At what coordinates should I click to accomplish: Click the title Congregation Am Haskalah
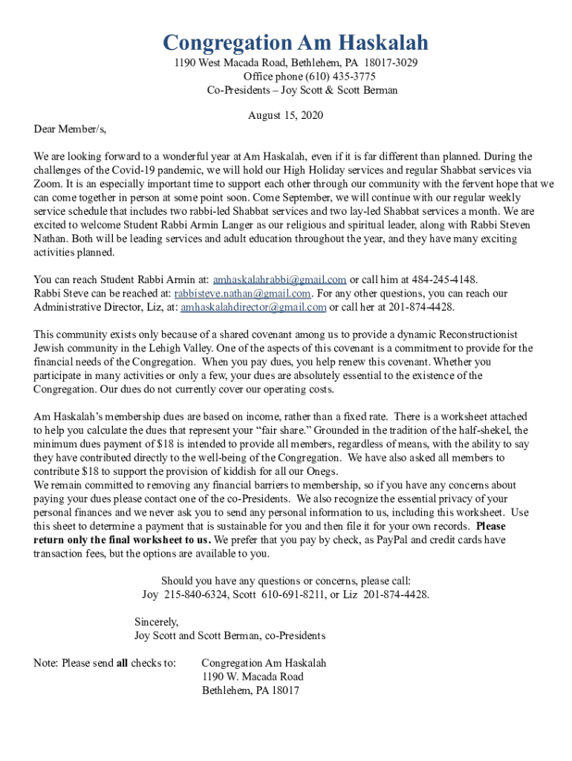coord(296,42)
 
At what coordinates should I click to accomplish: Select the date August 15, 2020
coord(285,116)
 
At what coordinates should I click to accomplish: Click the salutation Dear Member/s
coord(70,129)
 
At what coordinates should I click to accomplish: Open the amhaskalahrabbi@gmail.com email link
coord(279,280)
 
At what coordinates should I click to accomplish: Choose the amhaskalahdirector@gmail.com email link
coord(253,307)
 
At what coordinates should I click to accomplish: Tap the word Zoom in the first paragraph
coord(48,184)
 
